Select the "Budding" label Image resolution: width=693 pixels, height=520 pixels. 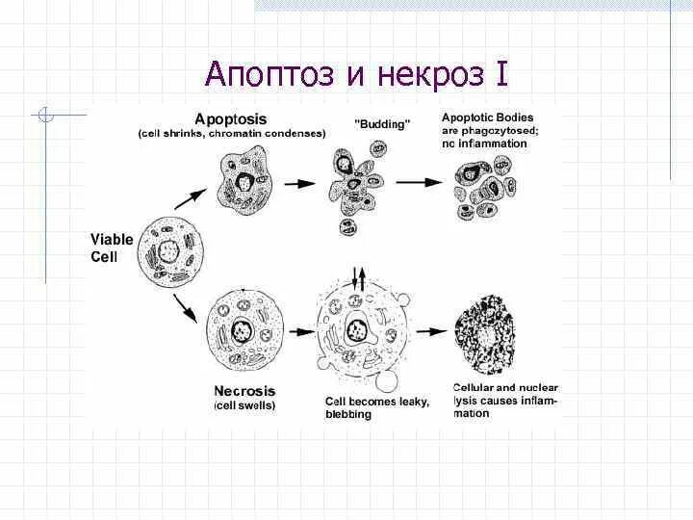click(382, 124)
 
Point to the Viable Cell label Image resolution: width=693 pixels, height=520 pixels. click(111, 247)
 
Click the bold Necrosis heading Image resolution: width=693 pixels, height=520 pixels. click(244, 391)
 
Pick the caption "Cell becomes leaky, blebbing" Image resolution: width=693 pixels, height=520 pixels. click(376, 407)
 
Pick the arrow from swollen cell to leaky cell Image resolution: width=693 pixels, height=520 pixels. click(300, 331)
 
